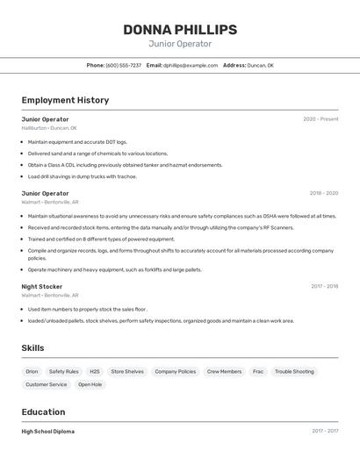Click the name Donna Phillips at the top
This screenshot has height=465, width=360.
[x=180, y=29]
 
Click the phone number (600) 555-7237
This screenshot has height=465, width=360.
[x=123, y=65]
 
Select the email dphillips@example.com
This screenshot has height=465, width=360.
[x=190, y=65]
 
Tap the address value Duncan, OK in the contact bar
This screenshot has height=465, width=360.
[x=260, y=65]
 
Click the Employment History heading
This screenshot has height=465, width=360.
[x=65, y=100]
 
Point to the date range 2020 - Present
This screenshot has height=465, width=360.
[x=320, y=119]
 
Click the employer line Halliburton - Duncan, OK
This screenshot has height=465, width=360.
[x=49, y=128]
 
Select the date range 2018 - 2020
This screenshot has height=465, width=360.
[x=323, y=193]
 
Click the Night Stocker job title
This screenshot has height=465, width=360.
[x=42, y=286]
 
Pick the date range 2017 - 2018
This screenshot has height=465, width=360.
[x=324, y=286]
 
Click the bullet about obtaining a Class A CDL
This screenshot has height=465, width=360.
[x=125, y=165]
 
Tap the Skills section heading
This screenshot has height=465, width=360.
[x=32, y=348]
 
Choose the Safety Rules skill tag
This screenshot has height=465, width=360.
[x=63, y=371]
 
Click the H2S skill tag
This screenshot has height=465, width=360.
[x=95, y=371]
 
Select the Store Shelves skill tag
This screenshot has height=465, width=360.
[x=127, y=371]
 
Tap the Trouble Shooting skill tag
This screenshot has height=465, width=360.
[x=294, y=371]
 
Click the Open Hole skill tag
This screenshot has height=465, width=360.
[x=90, y=384]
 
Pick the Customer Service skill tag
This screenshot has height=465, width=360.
[x=46, y=384]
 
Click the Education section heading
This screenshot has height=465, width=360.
[x=43, y=412]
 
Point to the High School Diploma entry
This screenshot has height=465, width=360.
[x=48, y=432]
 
